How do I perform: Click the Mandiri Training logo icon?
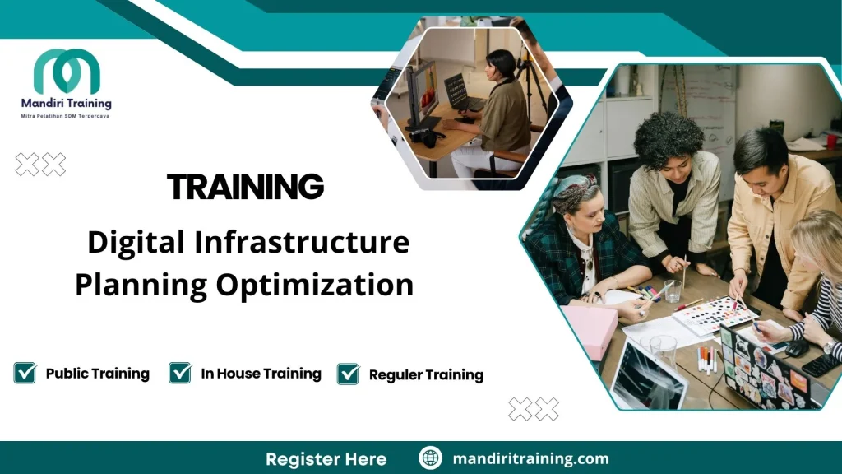coord(67,72)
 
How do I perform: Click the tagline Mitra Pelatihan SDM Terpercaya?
coord(65,117)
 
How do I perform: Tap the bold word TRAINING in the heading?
coord(245,188)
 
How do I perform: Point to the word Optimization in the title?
coord(315,285)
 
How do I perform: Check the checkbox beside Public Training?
coord(25,373)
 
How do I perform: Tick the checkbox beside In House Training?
coord(180,373)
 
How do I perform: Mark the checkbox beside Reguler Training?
coord(349,374)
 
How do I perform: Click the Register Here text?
coord(326,458)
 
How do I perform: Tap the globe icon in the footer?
coord(430,458)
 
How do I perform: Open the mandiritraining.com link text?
coord(530,458)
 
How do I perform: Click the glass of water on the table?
coord(673,290)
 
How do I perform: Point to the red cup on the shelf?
coord(831,141)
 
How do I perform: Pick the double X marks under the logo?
coord(40,165)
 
